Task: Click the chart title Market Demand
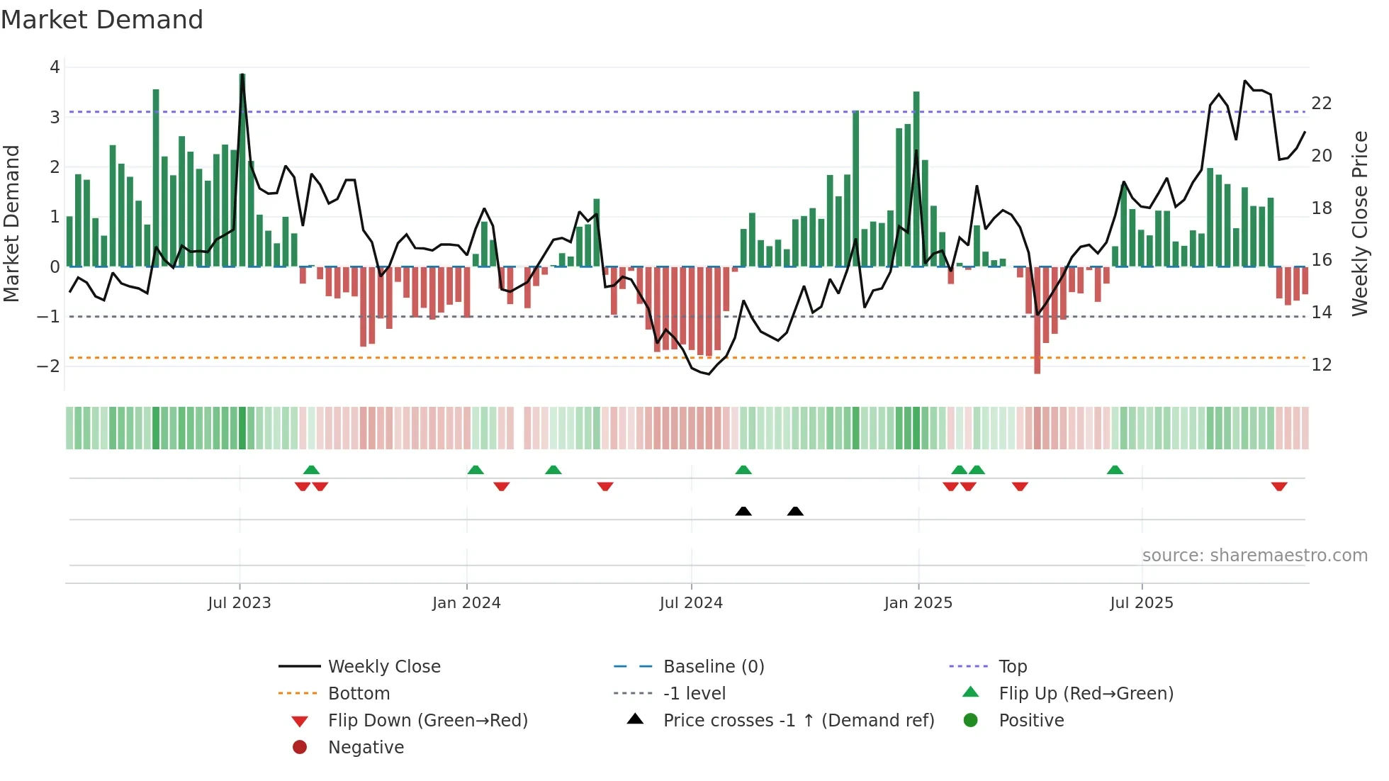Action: click(x=102, y=20)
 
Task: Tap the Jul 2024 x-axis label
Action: click(x=691, y=603)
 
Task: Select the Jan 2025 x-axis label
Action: click(x=918, y=603)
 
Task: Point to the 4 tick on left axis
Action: click(x=55, y=67)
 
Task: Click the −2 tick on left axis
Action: click(x=49, y=366)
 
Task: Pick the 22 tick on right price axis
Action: click(x=1322, y=103)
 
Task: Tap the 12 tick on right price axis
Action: click(x=1322, y=365)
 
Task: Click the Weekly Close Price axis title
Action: click(x=1359, y=223)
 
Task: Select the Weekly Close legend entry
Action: click(x=383, y=667)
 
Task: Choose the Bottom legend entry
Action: click(x=359, y=694)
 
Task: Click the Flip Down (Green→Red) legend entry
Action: click(x=427, y=721)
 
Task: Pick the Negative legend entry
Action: click(x=366, y=748)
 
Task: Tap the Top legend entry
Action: click(x=1013, y=667)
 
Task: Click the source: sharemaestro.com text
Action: click(x=1254, y=556)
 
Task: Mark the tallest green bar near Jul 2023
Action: click(x=242, y=170)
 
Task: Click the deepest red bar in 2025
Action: click(x=1037, y=320)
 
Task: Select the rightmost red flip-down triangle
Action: click(x=1279, y=486)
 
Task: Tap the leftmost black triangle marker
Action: click(x=743, y=511)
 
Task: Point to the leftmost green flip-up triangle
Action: click(x=311, y=469)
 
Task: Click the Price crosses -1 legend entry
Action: click(x=799, y=721)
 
